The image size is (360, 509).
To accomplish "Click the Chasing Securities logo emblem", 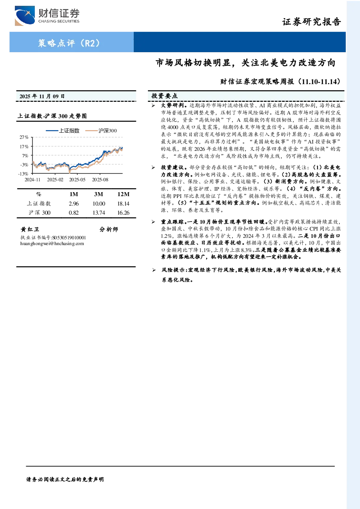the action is tap(25, 16).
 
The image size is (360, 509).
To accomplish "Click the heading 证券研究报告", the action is tap(311, 22).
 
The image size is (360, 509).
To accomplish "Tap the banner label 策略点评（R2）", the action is tap(69, 43).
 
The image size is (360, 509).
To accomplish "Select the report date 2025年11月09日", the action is tap(42, 96).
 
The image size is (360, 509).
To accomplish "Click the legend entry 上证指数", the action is tap(62, 131).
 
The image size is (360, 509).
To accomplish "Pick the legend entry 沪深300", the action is tap(101, 131).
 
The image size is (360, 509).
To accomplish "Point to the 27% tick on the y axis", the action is tap(24, 137).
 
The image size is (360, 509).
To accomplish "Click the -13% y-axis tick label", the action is tap(24, 174).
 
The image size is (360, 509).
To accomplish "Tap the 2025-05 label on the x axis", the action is tap(77, 180).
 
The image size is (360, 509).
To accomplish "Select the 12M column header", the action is tap(123, 194).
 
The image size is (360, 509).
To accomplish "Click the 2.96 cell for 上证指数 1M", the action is tap(74, 204).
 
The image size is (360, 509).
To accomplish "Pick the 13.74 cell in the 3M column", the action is tap(99, 213).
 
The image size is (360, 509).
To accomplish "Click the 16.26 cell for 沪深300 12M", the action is tap(123, 213).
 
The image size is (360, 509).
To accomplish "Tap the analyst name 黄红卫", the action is tap(30, 229).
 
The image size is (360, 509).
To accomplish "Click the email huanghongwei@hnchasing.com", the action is tap(52, 244).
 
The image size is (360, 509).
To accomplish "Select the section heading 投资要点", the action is tap(165, 96).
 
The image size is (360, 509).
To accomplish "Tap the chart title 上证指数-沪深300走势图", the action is tap(52, 116).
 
